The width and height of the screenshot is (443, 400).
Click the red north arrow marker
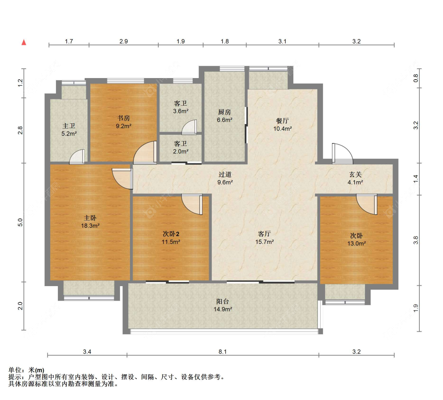pos(24,42)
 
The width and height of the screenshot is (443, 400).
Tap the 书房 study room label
pos(124,118)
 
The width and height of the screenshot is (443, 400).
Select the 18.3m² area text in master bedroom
pos(90,225)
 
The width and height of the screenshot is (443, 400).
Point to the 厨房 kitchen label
pos(224,112)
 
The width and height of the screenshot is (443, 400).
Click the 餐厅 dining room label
pos(282,121)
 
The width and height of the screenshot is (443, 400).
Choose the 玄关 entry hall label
pos(355,175)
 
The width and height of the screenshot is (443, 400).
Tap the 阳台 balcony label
pos(222,301)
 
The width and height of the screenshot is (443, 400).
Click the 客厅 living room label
pos(265,234)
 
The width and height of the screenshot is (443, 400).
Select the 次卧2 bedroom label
pos(171,234)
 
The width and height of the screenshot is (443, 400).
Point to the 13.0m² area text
pos(356,244)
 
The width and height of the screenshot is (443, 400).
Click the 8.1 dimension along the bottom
pos(222,352)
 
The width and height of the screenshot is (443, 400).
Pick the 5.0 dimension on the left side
pos(20,223)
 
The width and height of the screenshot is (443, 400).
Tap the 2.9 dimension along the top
pos(124,41)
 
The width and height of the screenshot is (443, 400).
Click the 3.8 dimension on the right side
pos(415,240)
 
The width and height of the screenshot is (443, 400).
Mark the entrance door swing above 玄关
pos(343,154)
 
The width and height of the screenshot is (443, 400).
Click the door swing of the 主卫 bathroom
pos(77,157)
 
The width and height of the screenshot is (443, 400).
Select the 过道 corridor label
pos(225,175)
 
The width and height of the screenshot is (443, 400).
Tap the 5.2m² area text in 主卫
pos(69,134)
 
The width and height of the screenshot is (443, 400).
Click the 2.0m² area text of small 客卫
pos(181,151)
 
